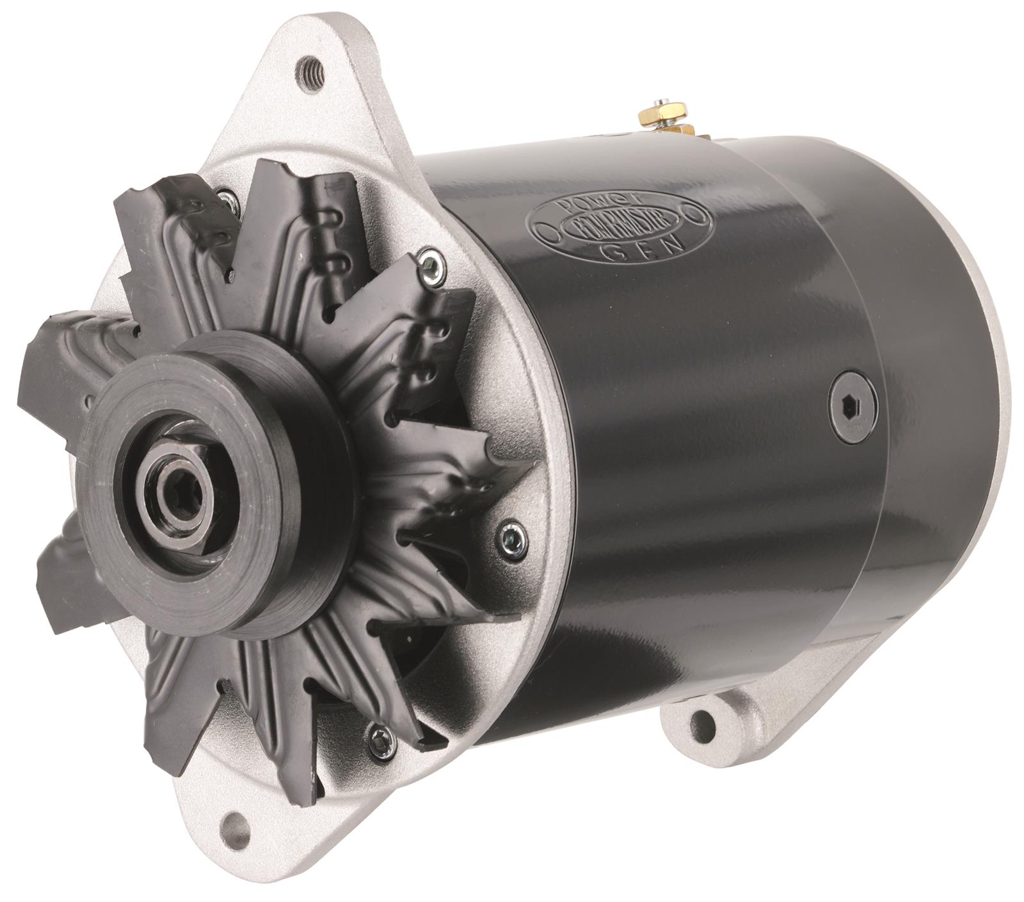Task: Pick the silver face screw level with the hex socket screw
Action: [x=512, y=536]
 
